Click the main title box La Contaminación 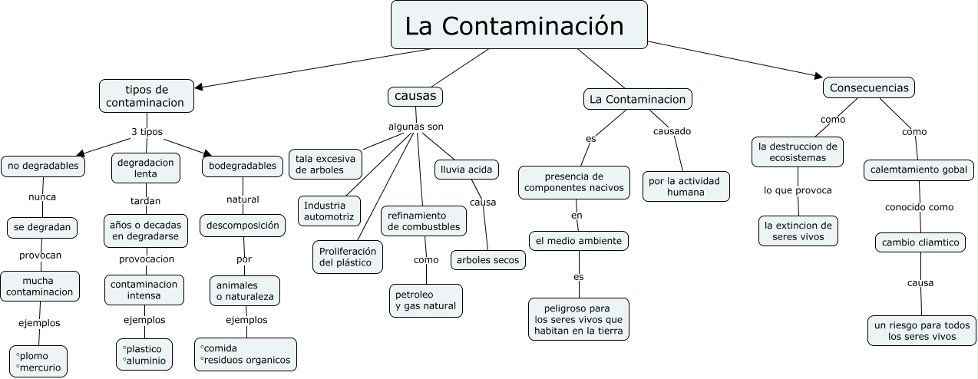[519, 27]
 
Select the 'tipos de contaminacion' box [145, 96]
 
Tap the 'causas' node [415, 96]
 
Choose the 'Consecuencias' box [869, 87]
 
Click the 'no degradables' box [43, 166]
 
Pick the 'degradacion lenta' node [146, 168]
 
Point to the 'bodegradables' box [243, 166]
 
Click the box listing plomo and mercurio [38, 361]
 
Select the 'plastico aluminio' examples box [144, 354]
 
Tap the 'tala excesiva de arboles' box [325, 164]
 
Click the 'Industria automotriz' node [329, 211]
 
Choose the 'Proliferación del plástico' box [348, 257]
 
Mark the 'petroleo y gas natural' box [425, 300]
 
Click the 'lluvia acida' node [467, 169]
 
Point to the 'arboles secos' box [488, 260]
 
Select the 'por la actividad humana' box [686, 186]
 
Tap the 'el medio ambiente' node [579, 241]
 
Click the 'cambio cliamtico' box [920, 242]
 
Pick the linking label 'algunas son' [415, 127]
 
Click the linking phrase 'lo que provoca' [798, 190]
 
